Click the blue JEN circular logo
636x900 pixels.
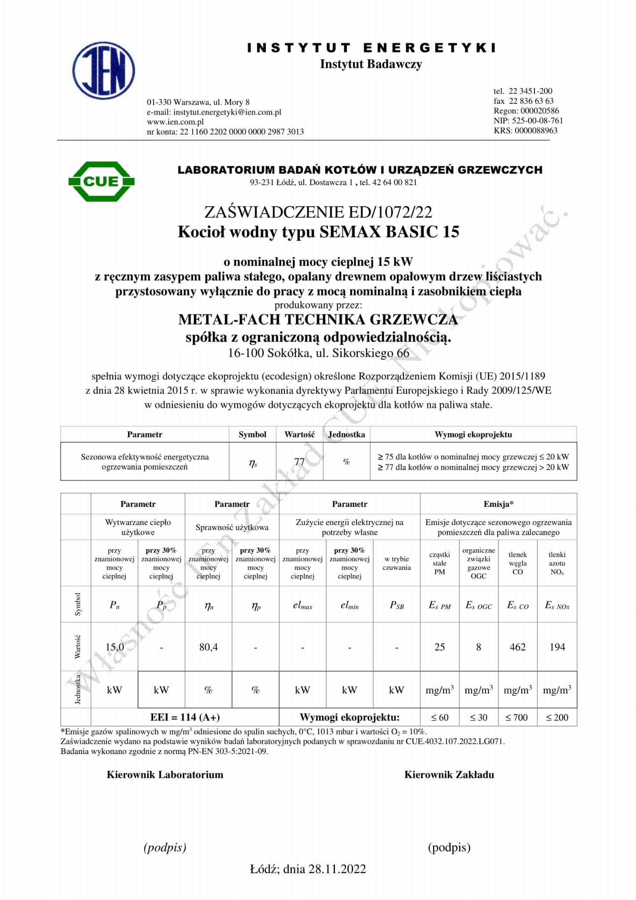104,70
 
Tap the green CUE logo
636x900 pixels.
102,181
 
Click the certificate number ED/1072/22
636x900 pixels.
390,212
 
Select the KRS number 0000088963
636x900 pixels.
536,131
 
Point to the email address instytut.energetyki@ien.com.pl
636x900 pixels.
227,112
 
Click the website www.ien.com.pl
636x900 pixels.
175,122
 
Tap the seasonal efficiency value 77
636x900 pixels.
299,462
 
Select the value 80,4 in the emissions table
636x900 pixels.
208,647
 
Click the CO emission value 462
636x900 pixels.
517,647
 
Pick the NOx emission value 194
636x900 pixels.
557,647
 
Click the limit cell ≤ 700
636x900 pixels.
517,718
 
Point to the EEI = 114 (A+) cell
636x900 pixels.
185,717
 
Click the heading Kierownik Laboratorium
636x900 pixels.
165,775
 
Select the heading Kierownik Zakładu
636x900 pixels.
449,775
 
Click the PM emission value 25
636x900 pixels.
440,647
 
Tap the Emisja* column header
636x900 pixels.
498,504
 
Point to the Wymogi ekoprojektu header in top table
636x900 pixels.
473,434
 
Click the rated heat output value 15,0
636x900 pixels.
114,647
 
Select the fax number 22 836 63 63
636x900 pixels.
531,101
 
